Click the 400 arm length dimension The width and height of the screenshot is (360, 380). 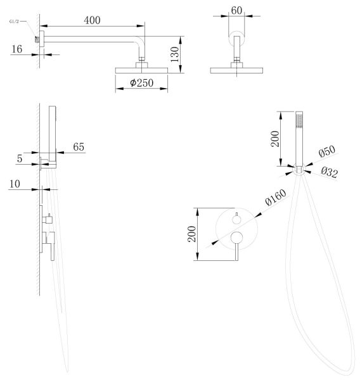(x=92, y=20)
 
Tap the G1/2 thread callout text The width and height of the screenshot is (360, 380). (x=14, y=22)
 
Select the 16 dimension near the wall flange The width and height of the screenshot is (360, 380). (x=17, y=49)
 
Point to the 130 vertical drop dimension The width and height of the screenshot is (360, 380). (x=175, y=54)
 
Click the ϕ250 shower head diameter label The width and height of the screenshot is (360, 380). (x=142, y=83)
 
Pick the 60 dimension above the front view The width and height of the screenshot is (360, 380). (x=236, y=10)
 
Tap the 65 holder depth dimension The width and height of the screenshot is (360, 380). (x=79, y=147)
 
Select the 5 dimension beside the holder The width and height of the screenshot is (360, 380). (x=20, y=159)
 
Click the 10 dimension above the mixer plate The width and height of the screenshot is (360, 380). (x=15, y=184)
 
